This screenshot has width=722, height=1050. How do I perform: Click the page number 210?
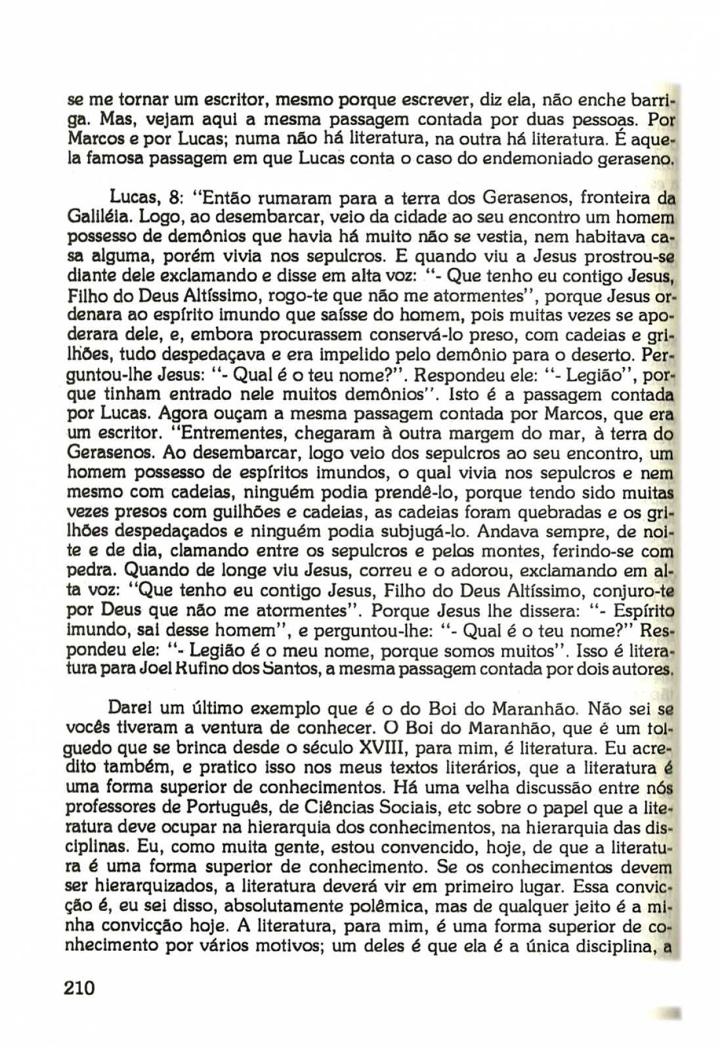[81, 987]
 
